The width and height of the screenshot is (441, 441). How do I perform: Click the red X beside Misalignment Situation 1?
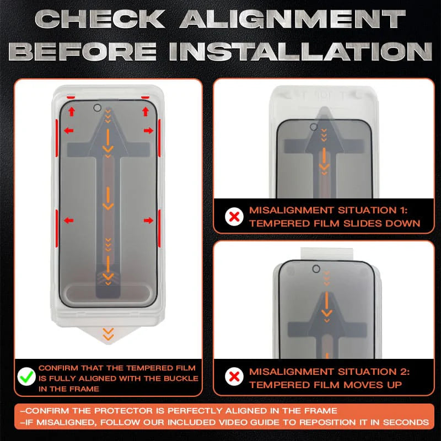click(x=235, y=217)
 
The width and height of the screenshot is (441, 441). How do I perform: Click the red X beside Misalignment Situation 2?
click(x=235, y=378)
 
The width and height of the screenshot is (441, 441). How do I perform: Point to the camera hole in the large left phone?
click(x=98, y=108)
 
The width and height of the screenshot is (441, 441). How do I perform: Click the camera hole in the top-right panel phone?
click(x=314, y=128)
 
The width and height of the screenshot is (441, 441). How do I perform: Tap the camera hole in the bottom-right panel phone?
click(x=316, y=270)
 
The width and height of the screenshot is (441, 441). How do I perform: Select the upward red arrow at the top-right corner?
click(x=146, y=112)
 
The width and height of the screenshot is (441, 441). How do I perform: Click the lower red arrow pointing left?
click(x=69, y=220)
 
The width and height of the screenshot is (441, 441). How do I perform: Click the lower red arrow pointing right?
click(x=148, y=220)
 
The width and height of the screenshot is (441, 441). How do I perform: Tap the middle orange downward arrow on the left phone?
click(x=109, y=198)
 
